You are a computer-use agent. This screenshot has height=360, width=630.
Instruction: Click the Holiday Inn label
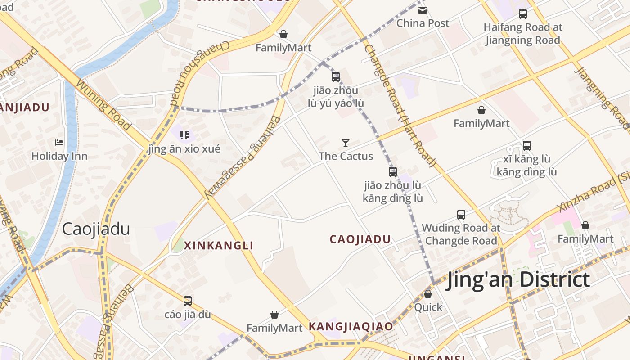point(59,156)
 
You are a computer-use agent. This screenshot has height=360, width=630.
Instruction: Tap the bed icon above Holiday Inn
point(59,143)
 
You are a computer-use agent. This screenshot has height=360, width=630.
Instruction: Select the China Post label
point(423,23)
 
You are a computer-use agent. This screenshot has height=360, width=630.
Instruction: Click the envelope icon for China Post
point(423,10)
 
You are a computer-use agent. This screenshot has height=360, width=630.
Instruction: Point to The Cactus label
point(346,156)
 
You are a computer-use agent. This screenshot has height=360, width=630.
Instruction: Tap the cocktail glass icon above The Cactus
point(346,143)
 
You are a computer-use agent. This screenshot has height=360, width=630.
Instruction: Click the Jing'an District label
point(517,279)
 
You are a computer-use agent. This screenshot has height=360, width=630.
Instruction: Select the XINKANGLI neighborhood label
point(219,245)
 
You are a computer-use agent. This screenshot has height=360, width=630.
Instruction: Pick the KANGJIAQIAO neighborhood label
point(351,326)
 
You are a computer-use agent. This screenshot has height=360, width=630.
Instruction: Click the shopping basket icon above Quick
point(428,294)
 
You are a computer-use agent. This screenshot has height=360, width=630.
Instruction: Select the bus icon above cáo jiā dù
point(188,301)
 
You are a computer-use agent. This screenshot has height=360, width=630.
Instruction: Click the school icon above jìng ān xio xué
point(184,135)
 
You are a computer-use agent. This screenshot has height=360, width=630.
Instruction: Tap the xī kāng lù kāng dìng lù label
point(526,166)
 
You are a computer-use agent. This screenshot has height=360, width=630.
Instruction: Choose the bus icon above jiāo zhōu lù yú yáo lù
point(336,76)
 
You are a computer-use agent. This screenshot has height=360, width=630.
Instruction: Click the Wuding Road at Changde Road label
point(461,234)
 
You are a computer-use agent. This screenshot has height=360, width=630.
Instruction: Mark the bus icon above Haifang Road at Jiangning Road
point(522,14)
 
